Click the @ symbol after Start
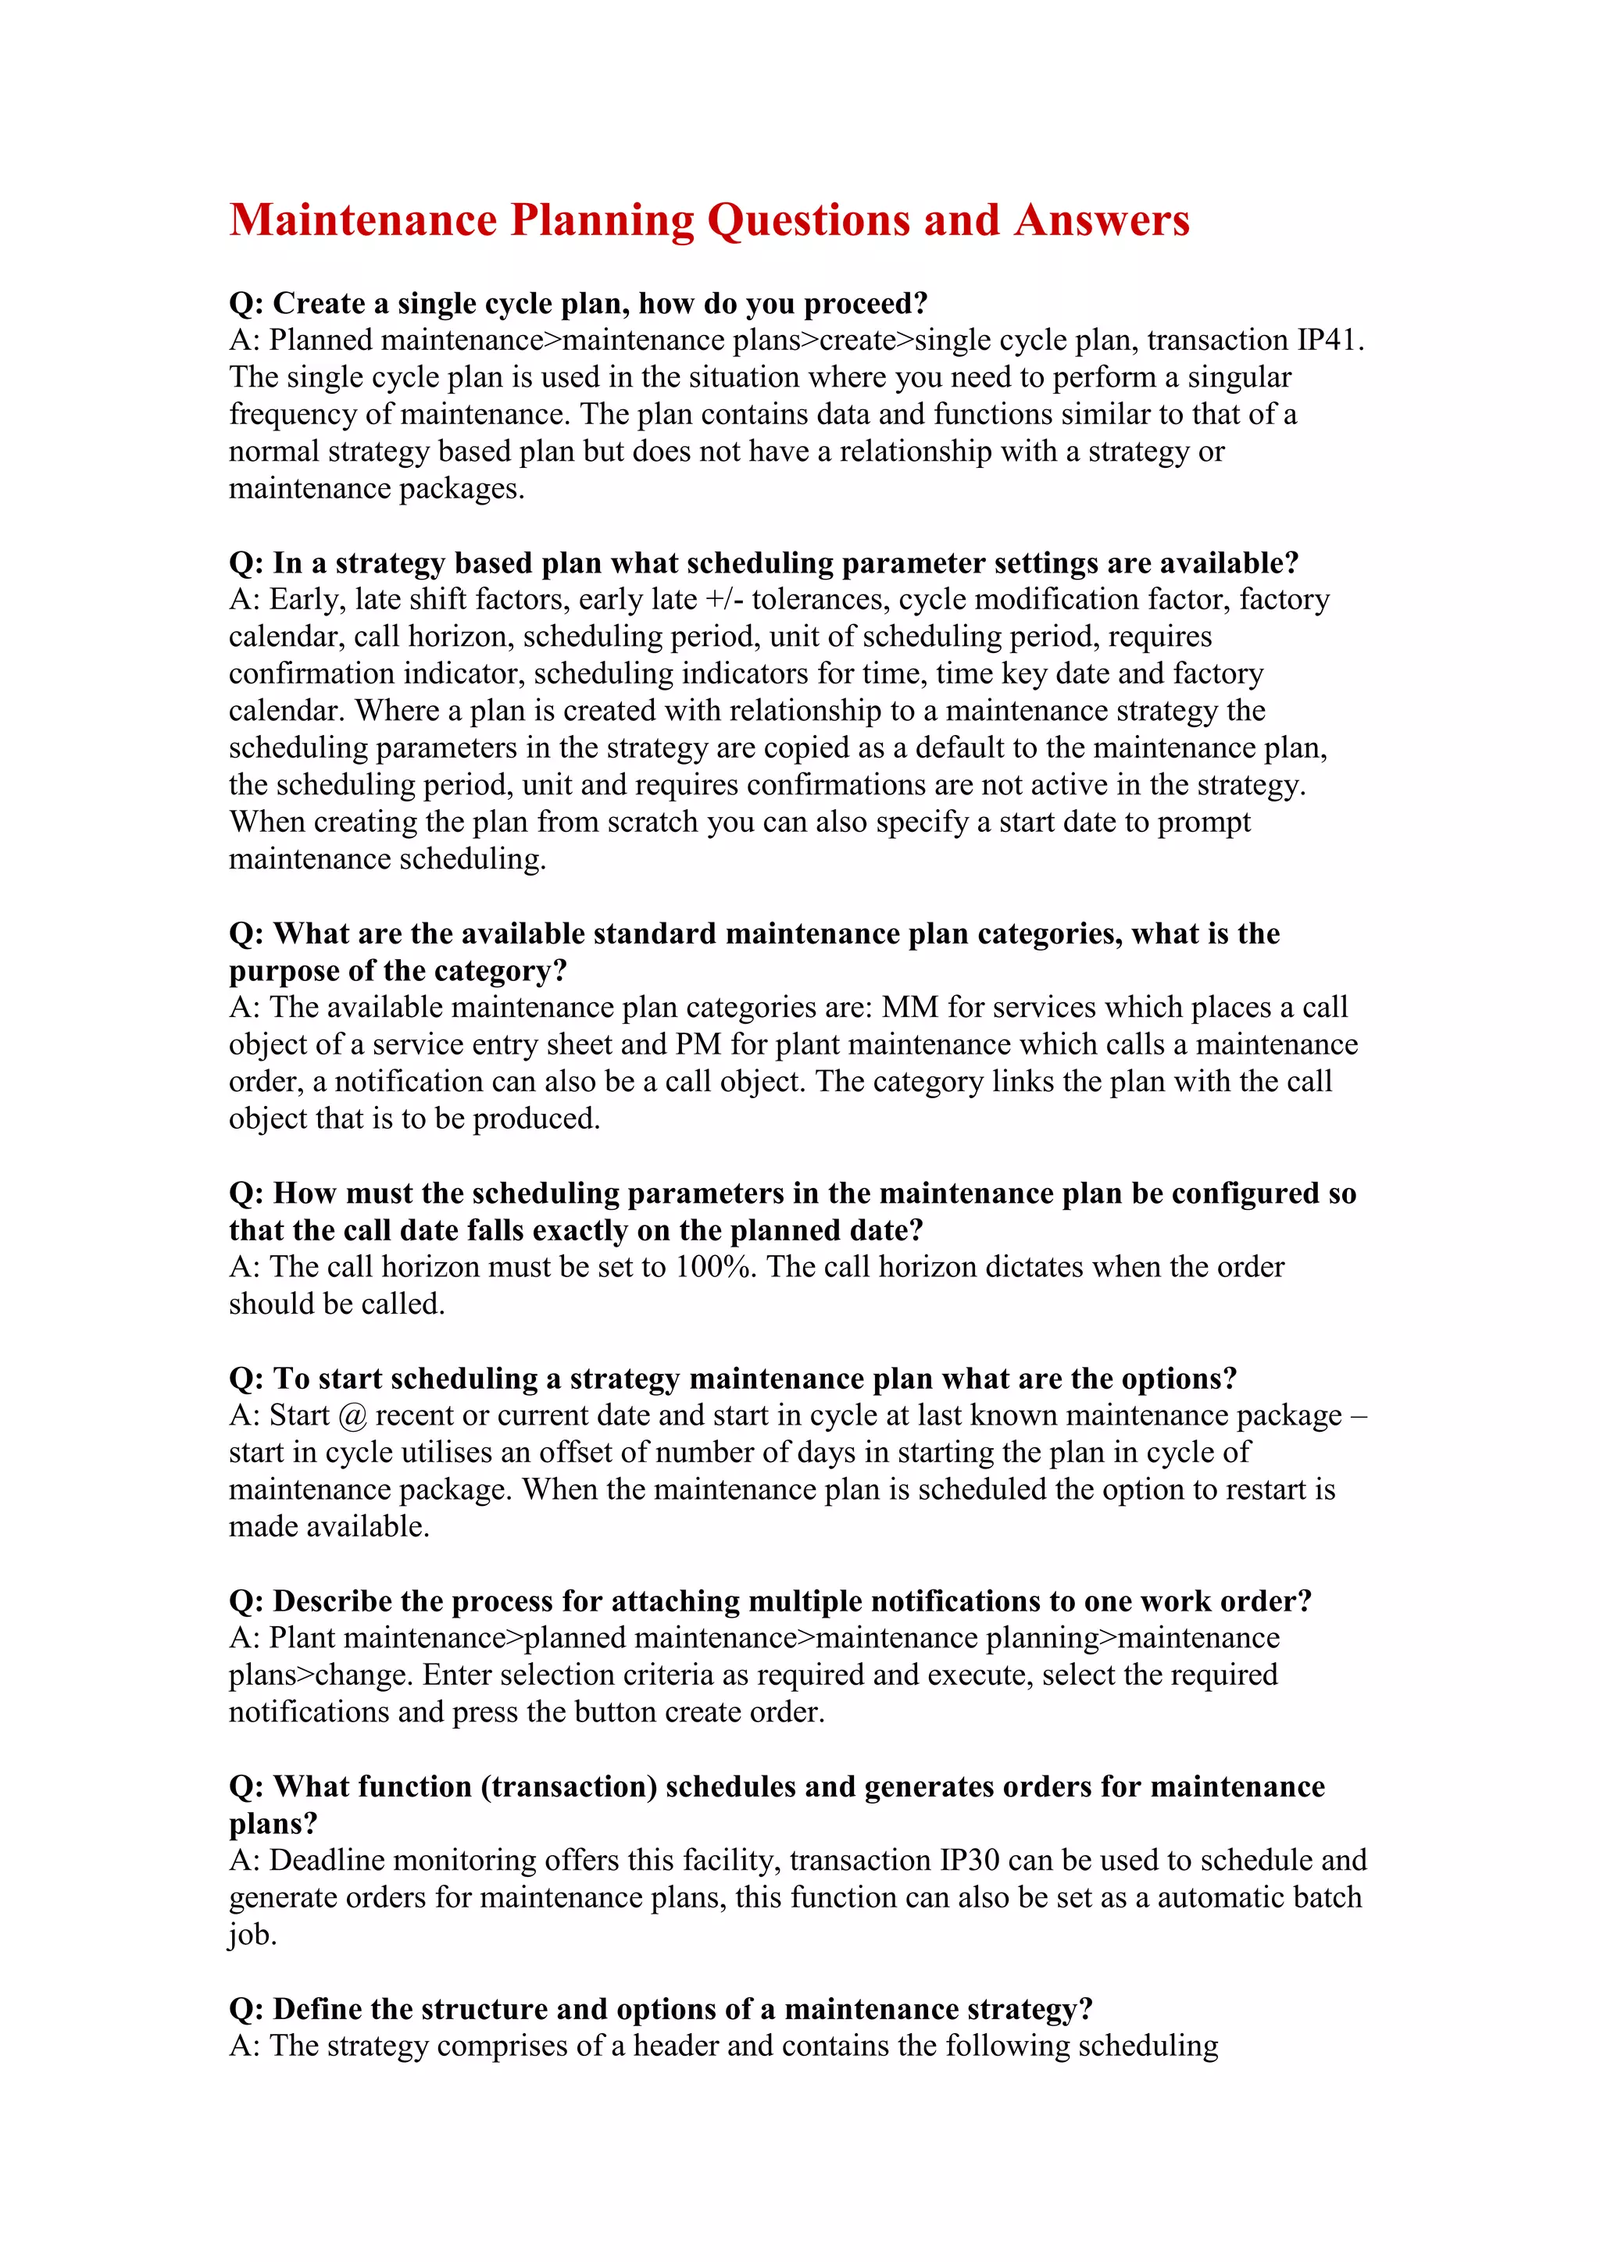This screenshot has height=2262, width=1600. pyautogui.click(x=352, y=1416)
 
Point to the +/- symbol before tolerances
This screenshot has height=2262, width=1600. pyautogui.click(x=724, y=599)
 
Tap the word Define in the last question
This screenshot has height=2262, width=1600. pyautogui.click(x=317, y=2009)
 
